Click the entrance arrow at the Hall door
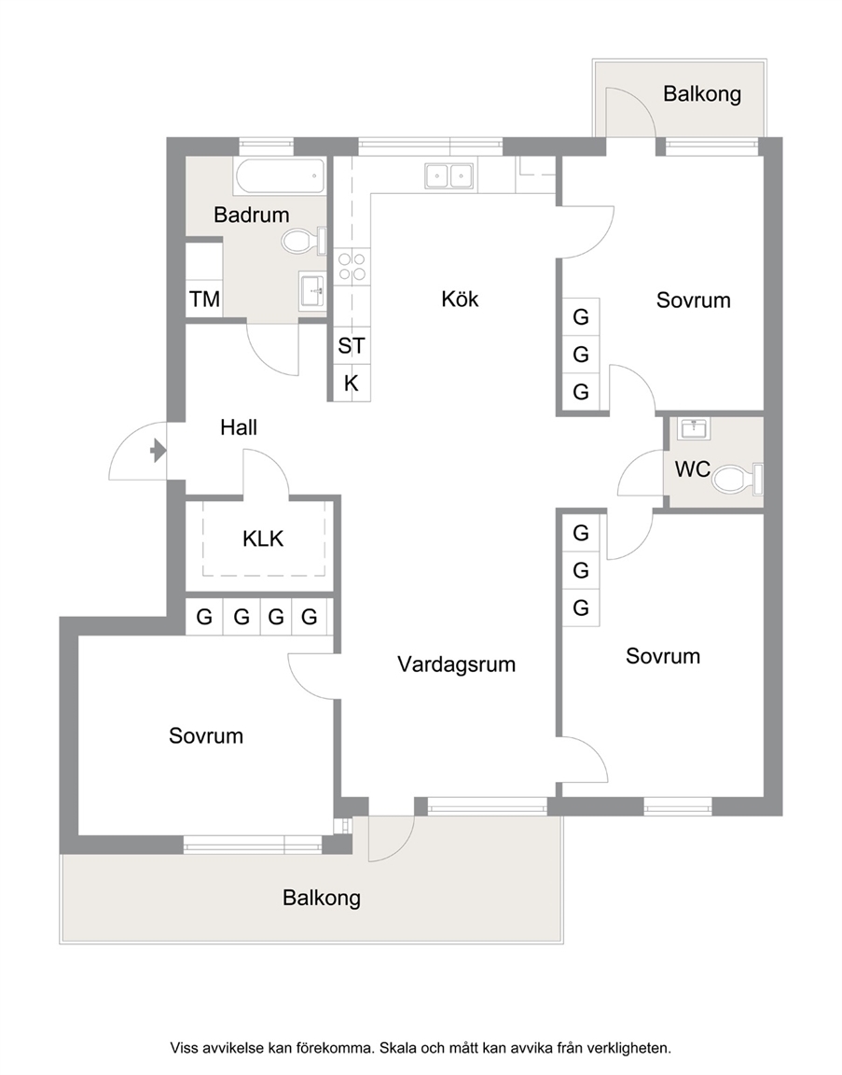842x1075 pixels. (159, 451)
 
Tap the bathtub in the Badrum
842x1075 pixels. (281, 176)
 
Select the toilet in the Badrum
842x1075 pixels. (305, 242)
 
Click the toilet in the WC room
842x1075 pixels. (738, 479)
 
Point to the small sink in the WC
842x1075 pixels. (694, 428)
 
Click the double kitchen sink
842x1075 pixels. (449, 175)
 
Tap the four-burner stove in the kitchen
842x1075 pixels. (352, 267)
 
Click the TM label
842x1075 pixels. (205, 299)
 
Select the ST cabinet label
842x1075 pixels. (352, 345)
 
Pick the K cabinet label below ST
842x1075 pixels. (352, 384)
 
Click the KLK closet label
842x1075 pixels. (263, 538)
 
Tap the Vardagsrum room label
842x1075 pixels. (456, 664)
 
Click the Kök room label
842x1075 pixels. (460, 299)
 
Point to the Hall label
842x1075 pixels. (239, 427)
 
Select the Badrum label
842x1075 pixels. (252, 215)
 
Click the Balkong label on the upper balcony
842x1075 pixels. (702, 94)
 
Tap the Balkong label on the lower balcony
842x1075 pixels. (322, 898)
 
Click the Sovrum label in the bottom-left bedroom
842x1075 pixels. (206, 735)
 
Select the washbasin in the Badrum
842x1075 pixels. (312, 290)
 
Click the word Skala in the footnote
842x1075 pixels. (398, 1048)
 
